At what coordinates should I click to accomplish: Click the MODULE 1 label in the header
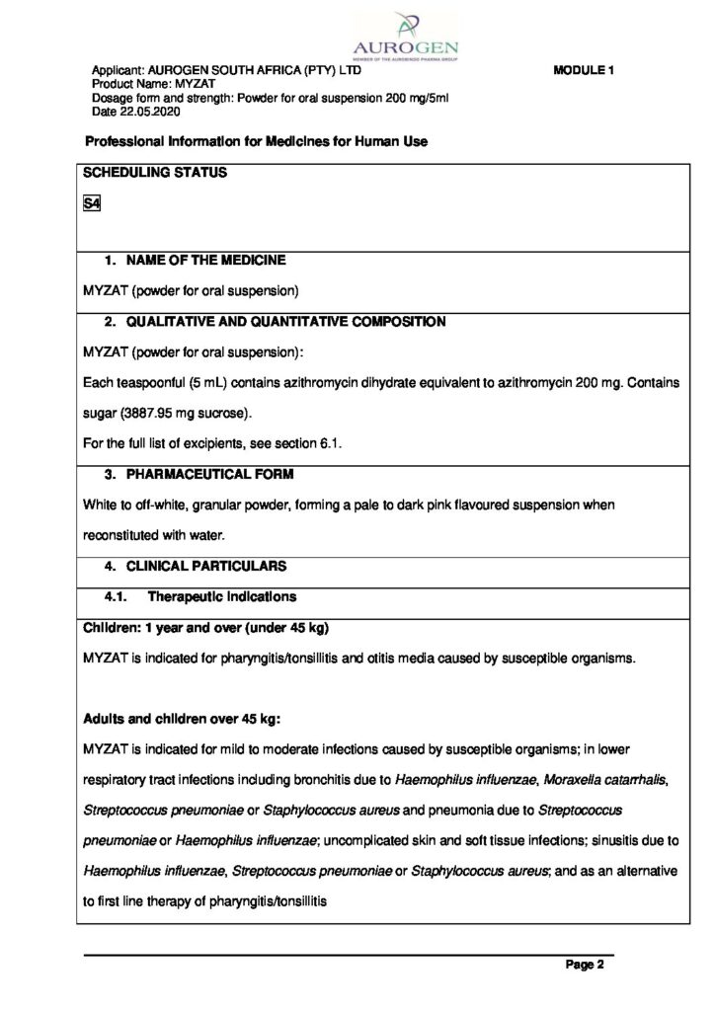point(584,71)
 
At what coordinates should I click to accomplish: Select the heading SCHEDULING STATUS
point(155,173)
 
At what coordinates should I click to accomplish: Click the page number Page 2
point(585,966)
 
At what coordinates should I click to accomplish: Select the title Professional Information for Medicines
point(257,142)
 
